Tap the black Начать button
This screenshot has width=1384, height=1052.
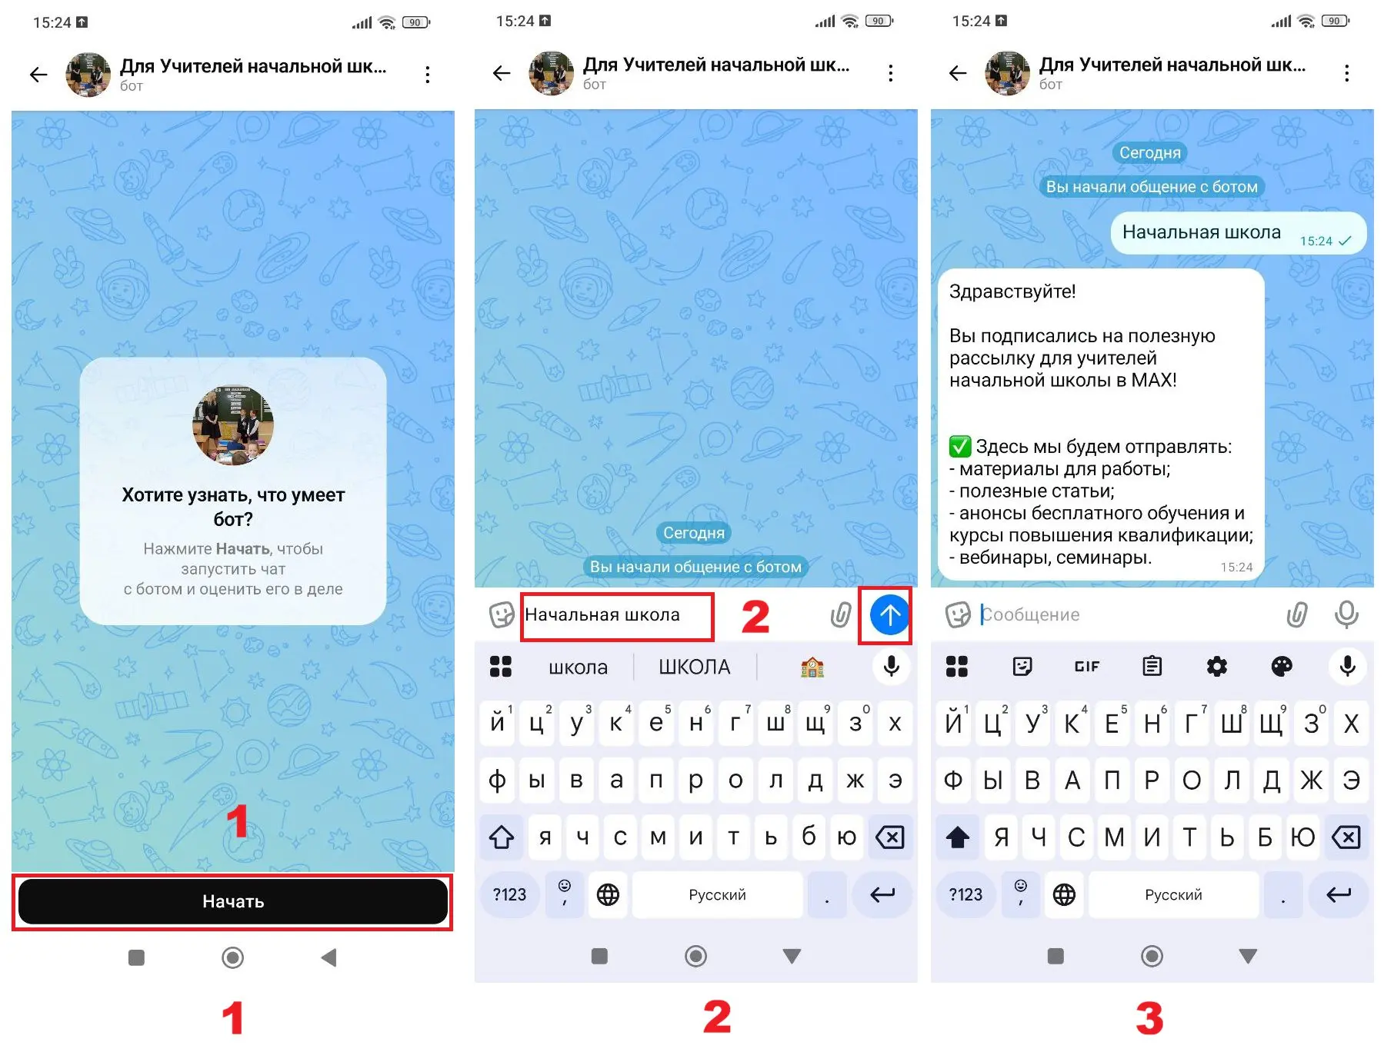[233, 901]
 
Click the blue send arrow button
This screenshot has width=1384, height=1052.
[889, 614]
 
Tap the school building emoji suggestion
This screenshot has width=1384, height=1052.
[812, 667]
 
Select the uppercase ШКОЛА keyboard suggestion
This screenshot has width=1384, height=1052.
[694, 667]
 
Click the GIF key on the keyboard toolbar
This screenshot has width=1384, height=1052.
[1086, 666]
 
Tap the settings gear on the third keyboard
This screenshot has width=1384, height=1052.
[1216, 666]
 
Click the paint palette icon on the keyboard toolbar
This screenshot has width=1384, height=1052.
[1282, 666]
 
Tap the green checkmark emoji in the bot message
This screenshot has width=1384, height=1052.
[960, 446]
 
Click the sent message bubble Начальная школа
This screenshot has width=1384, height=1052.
[1238, 232]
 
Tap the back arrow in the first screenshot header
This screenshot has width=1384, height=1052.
[38, 75]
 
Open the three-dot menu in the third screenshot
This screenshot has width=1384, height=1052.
[1346, 73]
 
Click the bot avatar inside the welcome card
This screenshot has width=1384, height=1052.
[233, 425]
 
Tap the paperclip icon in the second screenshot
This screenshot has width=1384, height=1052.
[841, 614]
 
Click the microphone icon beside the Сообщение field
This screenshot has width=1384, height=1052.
[1346, 614]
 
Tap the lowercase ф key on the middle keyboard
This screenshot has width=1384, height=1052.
[498, 780]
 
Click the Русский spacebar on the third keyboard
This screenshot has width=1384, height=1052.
[1173, 894]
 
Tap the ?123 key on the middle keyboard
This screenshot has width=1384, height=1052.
[509, 894]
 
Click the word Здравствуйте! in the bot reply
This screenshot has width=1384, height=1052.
[1012, 291]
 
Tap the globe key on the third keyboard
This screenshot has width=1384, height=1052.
[1064, 894]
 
